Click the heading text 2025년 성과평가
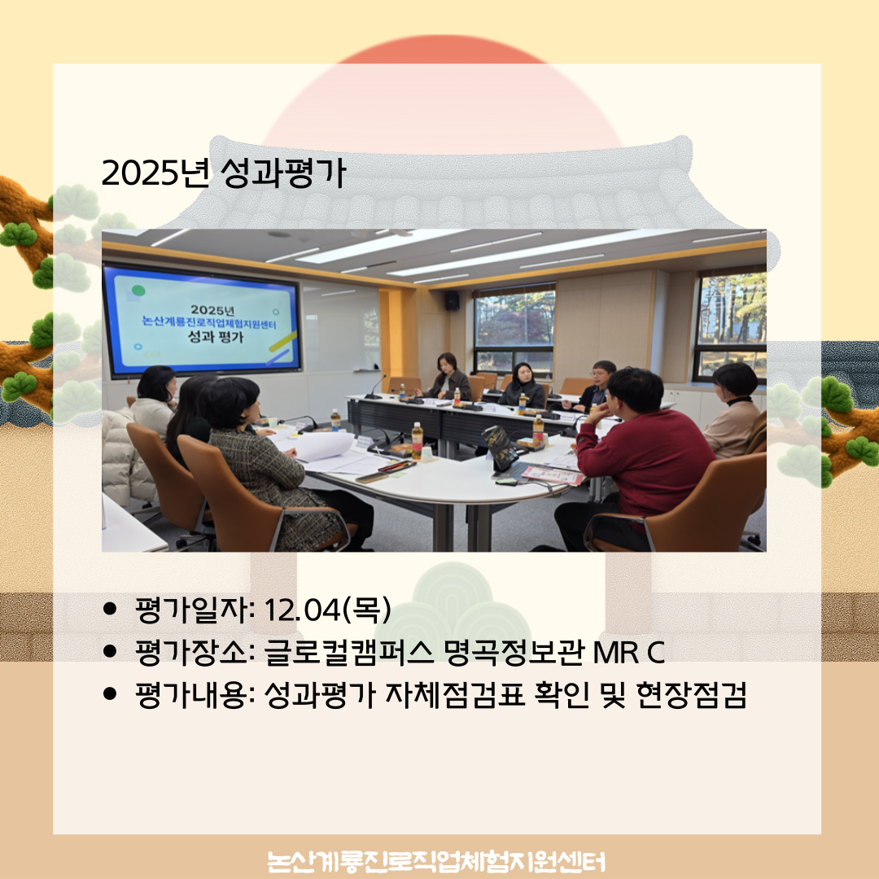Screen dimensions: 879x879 (224, 173)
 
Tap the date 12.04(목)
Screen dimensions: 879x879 (324, 608)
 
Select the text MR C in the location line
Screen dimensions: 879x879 (631, 652)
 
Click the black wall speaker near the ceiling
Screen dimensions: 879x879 (452, 300)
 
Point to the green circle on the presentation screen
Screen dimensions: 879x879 (139, 291)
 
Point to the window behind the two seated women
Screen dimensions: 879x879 (514, 326)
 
